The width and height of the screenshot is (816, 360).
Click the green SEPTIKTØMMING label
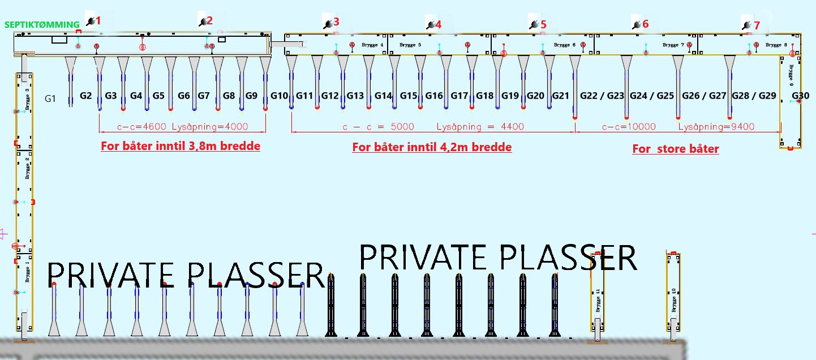tap(42, 25)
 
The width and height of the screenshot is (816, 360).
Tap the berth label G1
tap(51, 98)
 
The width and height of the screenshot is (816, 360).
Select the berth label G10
tap(280, 96)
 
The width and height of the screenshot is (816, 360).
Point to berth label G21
tap(561, 96)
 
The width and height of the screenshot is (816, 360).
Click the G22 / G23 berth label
tap(602, 96)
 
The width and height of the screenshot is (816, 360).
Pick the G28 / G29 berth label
tap(754, 96)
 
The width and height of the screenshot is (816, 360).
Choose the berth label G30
tap(801, 96)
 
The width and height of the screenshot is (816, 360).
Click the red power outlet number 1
tap(98, 21)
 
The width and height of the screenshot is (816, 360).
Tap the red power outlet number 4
tap(438, 24)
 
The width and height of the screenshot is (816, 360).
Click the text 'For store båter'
tap(676, 149)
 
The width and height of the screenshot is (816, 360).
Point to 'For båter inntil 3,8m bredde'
tap(181, 146)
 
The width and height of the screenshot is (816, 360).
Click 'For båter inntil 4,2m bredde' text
tap(432, 147)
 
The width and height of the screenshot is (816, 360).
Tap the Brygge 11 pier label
tap(597, 299)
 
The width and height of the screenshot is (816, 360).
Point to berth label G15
tap(409, 96)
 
